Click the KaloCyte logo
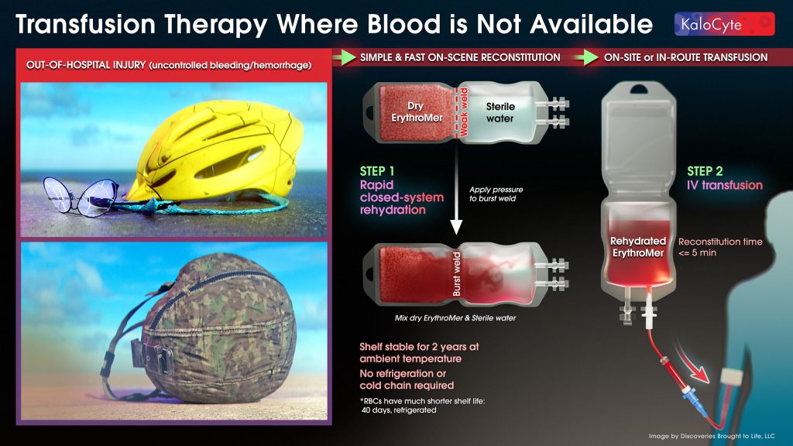click(724, 24)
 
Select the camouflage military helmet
click(212, 328)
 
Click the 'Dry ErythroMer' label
click(417, 111)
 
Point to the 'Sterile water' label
click(500, 112)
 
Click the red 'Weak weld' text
click(463, 112)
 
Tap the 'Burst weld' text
click(457, 274)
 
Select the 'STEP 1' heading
click(377, 171)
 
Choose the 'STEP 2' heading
click(705, 171)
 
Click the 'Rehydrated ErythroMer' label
click(638, 247)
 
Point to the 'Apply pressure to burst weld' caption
click(496, 194)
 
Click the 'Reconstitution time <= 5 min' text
click(720, 247)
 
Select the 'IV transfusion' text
click(725, 185)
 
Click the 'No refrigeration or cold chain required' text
click(407, 379)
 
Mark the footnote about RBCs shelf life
click(422, 406)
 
